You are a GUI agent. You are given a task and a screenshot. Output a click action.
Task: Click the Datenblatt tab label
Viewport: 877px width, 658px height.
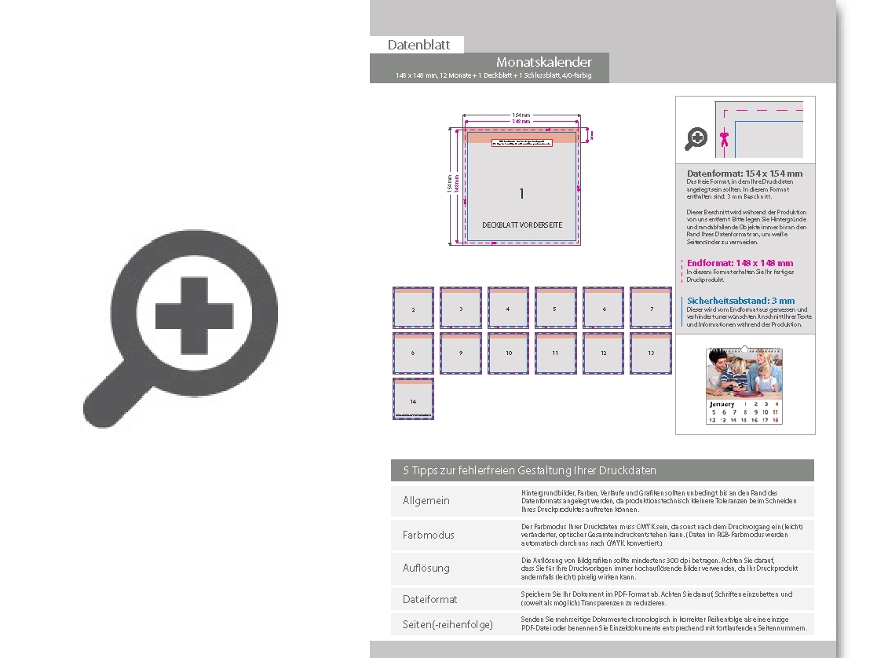click(x=418, y=46)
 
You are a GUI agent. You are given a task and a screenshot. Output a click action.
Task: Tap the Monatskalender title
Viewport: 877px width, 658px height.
click(x=543, y=62)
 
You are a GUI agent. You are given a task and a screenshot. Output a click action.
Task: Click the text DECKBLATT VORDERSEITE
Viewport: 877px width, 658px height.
click(x=522, y=225)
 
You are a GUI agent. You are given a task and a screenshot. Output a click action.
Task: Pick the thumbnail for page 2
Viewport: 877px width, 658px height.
click(x=413, y=308)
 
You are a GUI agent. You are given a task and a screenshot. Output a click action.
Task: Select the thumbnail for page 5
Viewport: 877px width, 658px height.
click(x=555, y=308)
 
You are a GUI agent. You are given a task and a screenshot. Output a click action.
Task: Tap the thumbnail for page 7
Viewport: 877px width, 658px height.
click(x=651, y=308)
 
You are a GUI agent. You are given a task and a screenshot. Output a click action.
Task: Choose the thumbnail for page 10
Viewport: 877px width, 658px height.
click(x=508, y=353)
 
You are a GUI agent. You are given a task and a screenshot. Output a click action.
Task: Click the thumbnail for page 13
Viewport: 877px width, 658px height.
click(x=651, y=353)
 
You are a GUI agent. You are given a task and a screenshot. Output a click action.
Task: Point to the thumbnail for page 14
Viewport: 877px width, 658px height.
click(x=413, y=399)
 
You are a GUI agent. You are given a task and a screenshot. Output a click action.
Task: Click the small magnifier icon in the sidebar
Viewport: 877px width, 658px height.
click(x=696, y=139)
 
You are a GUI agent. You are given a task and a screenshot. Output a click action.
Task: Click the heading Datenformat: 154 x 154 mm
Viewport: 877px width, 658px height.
click(x=744, y=174)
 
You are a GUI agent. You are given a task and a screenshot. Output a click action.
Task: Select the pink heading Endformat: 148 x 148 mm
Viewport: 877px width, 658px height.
click(x=740, y=263)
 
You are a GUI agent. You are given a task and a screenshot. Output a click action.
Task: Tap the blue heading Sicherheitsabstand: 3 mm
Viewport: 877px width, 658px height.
click(x=740, y=301)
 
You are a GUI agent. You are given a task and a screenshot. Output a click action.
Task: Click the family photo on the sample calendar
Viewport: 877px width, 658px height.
click(x=744, y=374)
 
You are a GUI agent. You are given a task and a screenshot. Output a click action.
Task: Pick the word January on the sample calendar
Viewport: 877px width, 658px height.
click(x=722, y=404)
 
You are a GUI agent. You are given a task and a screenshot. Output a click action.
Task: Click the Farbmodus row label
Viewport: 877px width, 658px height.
click(x=429, y=535)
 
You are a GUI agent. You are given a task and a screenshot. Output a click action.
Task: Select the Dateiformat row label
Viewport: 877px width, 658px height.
click(x=430, y=599)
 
